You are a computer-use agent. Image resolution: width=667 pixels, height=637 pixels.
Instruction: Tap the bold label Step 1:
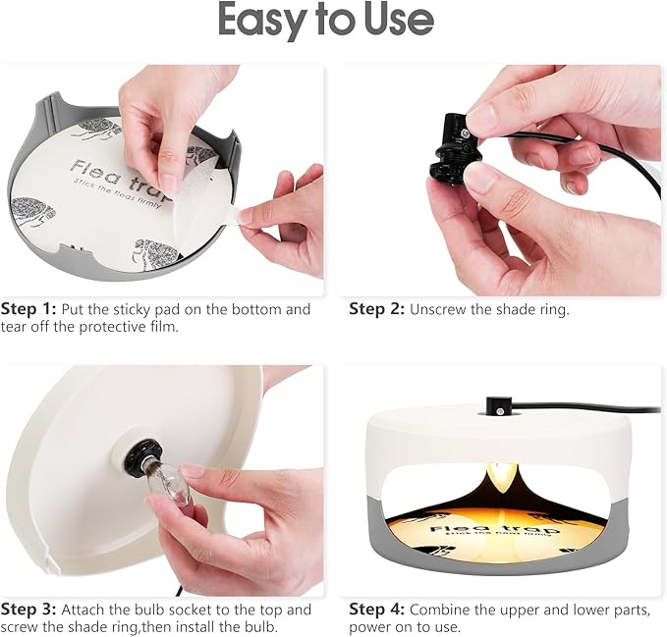(x=28, y=309)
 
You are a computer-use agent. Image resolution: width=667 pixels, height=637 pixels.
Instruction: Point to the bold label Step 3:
(x=28, y=610)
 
